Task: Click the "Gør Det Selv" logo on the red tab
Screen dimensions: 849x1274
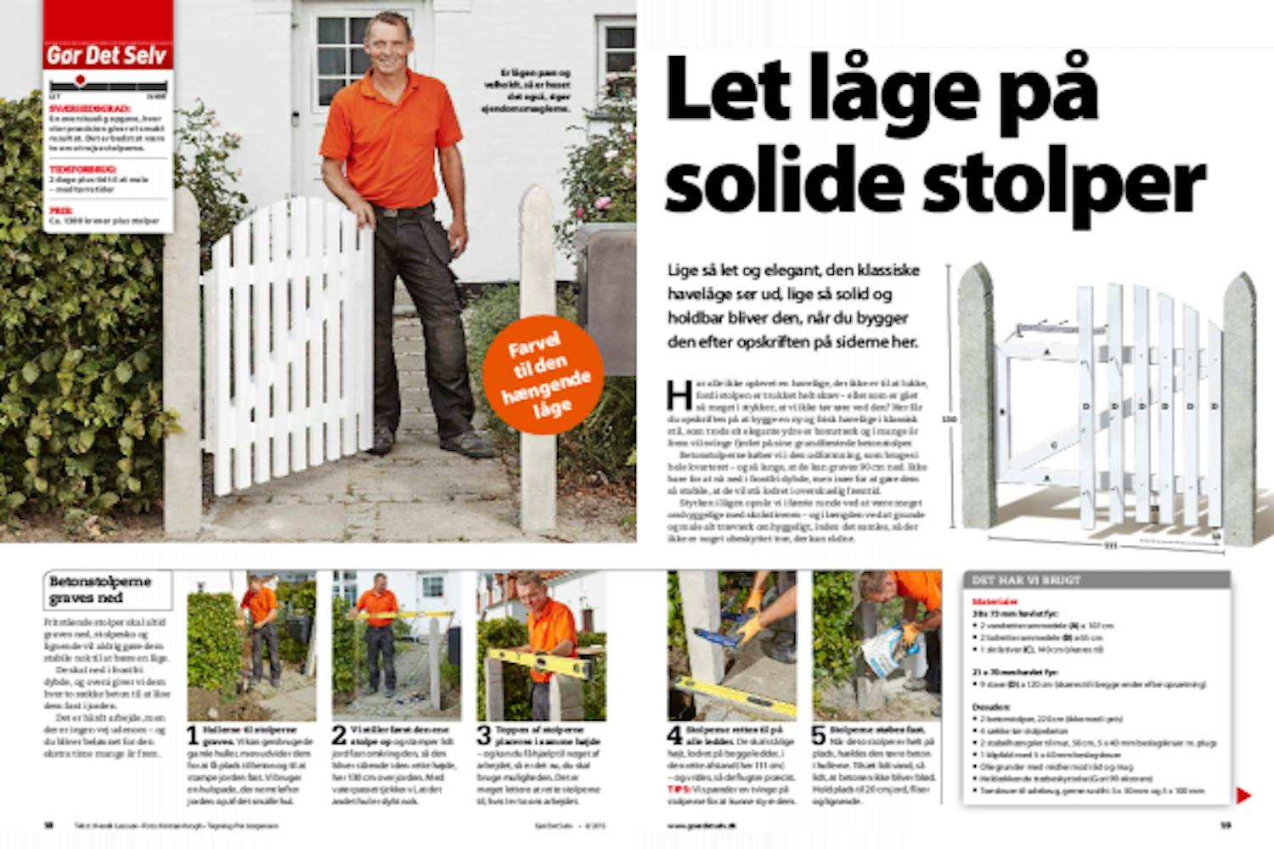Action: click(x=108, y=56)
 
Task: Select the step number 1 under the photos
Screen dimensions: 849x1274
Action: click(x=193, y=735)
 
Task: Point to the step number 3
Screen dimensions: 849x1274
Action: click(x=483, y=735)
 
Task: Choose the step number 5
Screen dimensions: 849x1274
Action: click(x=819, y=735)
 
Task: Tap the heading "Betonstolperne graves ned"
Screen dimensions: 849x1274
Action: click(x=100, y=589)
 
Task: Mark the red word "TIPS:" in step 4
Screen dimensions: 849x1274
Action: click(x=679, y=789)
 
